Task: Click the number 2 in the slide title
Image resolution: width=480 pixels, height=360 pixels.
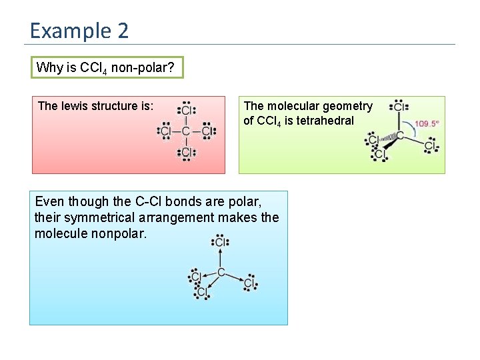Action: (122, 31)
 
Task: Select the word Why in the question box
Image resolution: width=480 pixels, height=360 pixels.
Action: (49, 67)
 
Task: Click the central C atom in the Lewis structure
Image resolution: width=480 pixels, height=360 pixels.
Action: (186, 131)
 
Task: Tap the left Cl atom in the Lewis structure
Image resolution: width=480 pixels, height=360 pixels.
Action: (166, 131)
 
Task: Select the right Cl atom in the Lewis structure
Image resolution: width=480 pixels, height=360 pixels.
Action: (207, 131)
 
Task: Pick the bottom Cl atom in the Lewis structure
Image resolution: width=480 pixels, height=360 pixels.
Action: (186, 152)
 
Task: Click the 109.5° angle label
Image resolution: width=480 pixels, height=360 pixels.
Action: (427, 123)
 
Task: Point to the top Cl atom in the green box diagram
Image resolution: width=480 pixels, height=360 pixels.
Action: (399, 107)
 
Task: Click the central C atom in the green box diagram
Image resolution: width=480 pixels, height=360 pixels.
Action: (400, 135)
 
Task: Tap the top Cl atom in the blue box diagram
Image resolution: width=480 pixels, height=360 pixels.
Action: (220, 243)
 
